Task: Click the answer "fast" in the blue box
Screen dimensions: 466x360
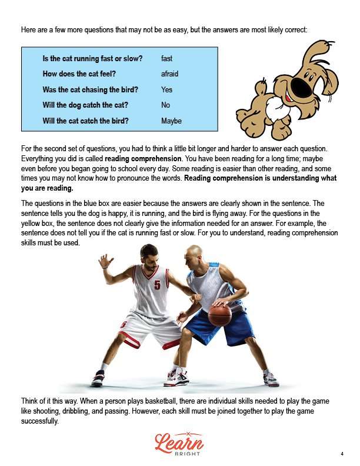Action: (166, 59)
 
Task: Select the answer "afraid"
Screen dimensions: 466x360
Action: (169, 74)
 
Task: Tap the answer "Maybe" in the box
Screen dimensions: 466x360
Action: (171, 121)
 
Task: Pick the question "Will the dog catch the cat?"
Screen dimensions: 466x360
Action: (85, 105)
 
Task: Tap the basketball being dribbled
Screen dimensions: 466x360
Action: (219, 315)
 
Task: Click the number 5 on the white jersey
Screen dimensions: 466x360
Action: (157, 285)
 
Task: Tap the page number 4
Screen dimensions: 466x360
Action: (342, 454)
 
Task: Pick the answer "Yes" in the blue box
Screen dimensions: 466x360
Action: (166, 90)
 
